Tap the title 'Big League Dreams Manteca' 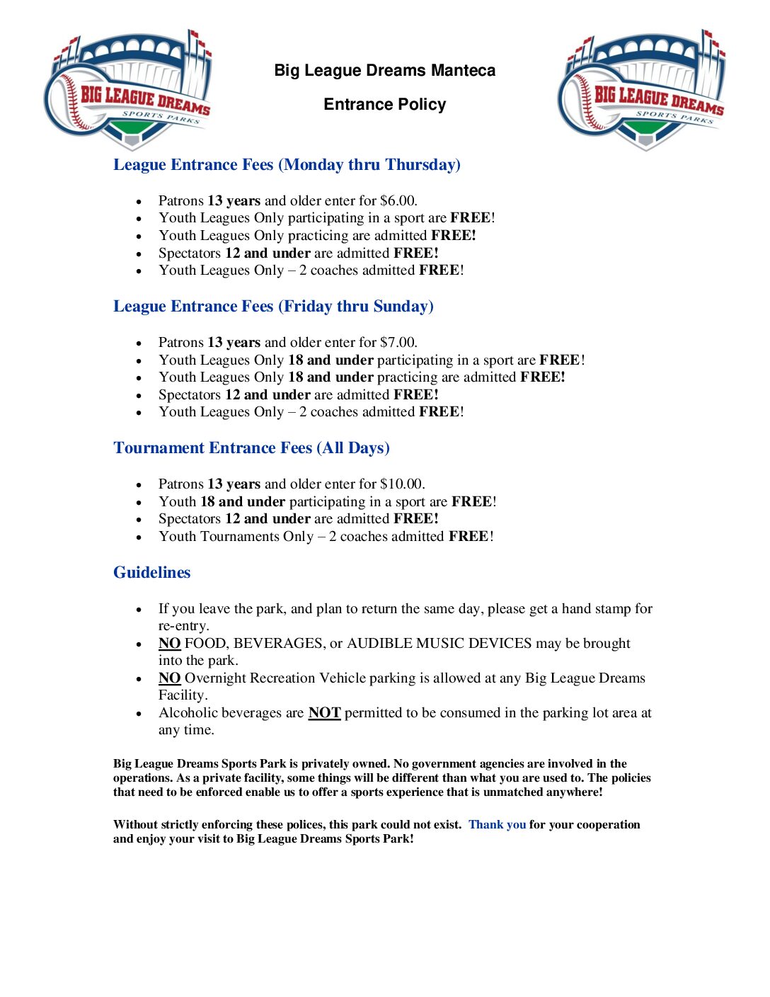coord(384,70)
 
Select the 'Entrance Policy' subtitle coord(384,104)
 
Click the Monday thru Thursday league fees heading coord(287,165)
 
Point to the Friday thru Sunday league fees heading coord(273,307)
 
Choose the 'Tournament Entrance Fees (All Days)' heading coord(251,448)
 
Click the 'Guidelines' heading coord(151,573)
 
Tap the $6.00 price coord(398,201)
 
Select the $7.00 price coord(398,343)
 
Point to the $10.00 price coord(402,484)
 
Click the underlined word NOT coord(324,713)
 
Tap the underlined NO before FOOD coord(169,644)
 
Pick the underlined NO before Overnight coord(169,678)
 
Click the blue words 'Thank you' coord(497,825)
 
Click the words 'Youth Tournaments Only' coord(236,537)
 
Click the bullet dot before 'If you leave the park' coord(139,610)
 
